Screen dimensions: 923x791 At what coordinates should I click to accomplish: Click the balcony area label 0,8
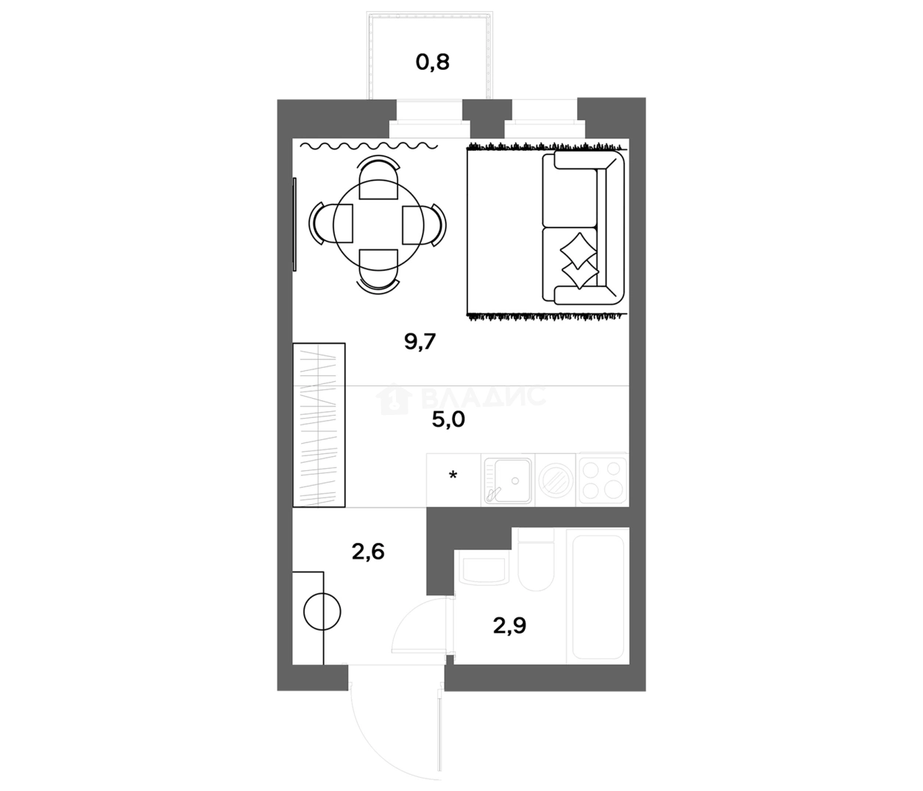click(x=432, y=63)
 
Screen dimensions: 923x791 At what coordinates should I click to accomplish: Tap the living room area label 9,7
click(x=420, y=342)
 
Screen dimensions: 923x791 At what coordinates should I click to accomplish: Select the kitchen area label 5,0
click(x=448, y=419)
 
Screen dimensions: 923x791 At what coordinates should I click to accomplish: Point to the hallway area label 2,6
click(x=368, y=552)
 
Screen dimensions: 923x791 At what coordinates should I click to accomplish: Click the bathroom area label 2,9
click(x=509, y=625)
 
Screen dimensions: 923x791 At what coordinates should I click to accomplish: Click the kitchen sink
click(x=508, y=480)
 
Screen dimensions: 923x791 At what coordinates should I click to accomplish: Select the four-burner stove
click(x=603, y=479)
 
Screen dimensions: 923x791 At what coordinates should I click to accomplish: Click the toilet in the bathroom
click(x=537, y=560)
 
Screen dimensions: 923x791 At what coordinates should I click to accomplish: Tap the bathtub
click(x=598, y=595)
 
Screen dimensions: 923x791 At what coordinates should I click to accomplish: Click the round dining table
click(x=378, y=224)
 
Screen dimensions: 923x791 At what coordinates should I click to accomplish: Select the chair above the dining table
click(x=378, y=177)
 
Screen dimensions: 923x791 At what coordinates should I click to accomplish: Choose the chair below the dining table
click(x=378, y=272)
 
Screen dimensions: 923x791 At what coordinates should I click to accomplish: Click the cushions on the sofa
click(x=579, y=260)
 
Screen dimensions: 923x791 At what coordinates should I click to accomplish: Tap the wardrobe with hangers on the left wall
click(x=319, y=425)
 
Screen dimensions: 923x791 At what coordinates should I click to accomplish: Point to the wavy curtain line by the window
click(x=369, y=146)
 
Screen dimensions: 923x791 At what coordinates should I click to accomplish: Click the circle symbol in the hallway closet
click(x=322, y=611)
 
